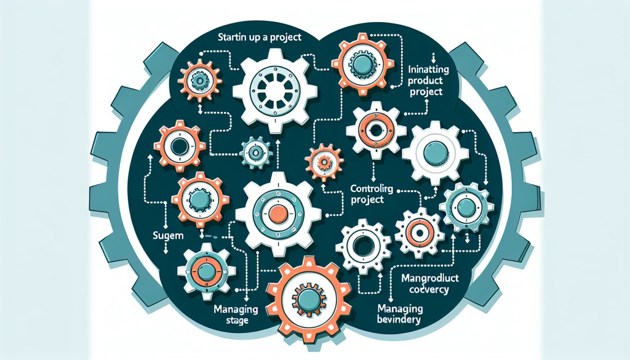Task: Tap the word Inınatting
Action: tap(428, 70)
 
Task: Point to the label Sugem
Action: tap(164, 236)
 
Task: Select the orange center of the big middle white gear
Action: tap(278, 214)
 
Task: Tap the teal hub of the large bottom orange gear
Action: tap(306, 298)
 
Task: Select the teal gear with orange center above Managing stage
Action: tap(202, 271)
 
